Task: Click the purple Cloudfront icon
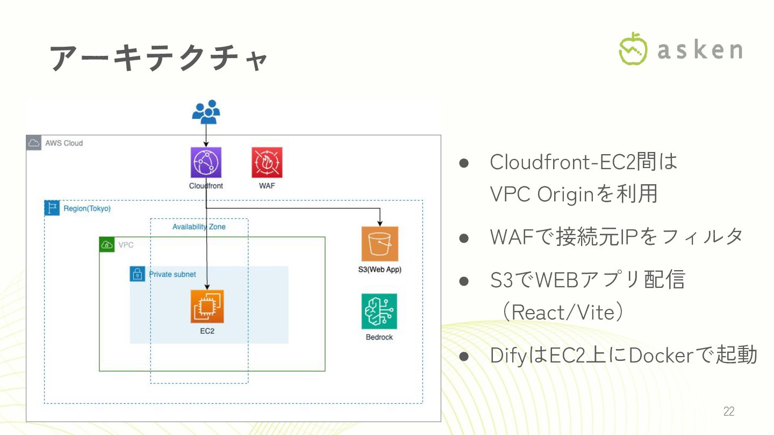tap(206, 163)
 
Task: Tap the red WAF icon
tap(267, 163)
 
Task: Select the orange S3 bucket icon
tap(379, 244)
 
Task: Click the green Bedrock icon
tap(379, 311)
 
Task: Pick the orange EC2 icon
tap(207, 307)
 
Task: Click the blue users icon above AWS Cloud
tap(206, 112)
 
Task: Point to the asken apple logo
tap(633, 49)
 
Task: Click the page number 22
tap(729, 411)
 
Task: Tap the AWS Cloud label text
tap(64, 143)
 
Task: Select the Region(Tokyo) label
tap(87, 208)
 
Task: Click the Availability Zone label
tap(199, 227)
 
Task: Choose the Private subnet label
tap(173, 274)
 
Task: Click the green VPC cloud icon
tap(107, 245)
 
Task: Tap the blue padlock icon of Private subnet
tap(137, 274)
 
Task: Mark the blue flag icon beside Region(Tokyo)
tap(52, 208)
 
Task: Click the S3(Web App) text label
tap(379, 270)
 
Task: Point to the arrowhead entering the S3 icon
tap(380, 223)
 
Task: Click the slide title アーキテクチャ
tap(159, 57)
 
